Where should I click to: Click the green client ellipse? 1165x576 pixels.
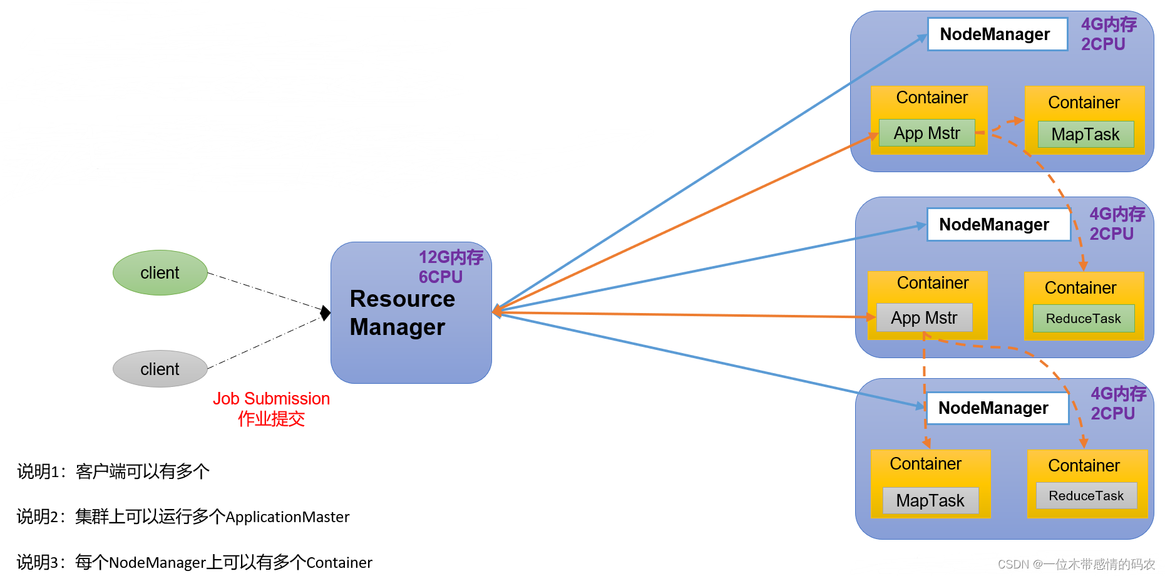click(160, 273)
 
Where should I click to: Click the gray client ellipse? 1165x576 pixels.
click(160, 369)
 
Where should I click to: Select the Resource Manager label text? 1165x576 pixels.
click(402, 313)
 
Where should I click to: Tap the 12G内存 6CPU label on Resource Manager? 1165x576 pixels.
click(449, 267)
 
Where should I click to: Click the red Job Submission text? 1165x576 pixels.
click(271, 399)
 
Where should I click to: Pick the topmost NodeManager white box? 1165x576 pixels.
click(997, 34)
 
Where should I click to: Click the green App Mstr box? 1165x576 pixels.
click(926, 133)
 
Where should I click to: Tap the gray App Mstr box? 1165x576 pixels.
click(924, 318)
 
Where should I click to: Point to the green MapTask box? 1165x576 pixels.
click(1085, 135)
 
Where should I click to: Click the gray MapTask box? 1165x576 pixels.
click(930, 501)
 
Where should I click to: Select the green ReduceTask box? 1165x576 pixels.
click(1083, 319)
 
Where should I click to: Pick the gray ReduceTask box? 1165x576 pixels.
click(1086, 496)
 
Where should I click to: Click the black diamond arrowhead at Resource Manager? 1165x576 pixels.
click(326, 312)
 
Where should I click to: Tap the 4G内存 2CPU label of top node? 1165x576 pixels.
click(1108, 34)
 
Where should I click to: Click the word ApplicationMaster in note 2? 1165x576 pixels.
click(287, 517)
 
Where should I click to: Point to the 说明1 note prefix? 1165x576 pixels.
click(37, 471)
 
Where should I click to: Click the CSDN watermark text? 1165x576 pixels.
click(1075, 564)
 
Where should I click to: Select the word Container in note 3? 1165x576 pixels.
click(339, 563)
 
